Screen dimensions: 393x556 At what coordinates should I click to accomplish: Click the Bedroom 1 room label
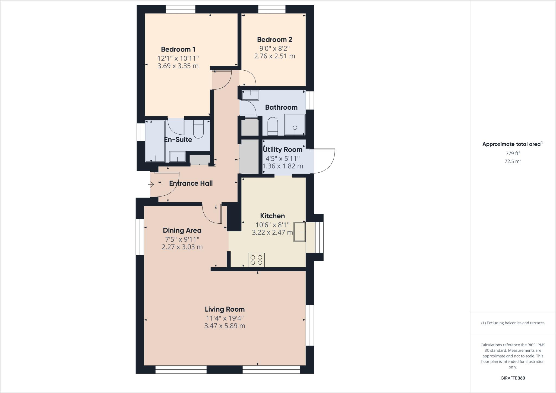(x=178, y=49)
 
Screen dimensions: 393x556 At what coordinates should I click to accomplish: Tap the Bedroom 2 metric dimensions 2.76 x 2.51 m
(x=274, y=56)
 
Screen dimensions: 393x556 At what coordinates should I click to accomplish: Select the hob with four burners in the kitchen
(x=256, y=260)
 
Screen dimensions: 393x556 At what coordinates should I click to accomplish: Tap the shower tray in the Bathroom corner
(x=295, y=125)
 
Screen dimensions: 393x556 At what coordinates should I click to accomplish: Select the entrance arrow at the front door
(x=151, y=185)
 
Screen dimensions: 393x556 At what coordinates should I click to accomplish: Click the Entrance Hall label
(x=191, y=183)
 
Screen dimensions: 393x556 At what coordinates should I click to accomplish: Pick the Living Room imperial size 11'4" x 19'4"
(x=225, y=318)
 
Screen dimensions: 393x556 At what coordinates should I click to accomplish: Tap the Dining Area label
(x=182, y=230)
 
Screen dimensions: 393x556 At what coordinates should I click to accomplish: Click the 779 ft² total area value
(x=513, y=153)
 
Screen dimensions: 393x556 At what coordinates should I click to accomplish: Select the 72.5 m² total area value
(x=513, y=161)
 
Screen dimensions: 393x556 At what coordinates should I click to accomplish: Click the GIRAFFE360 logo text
(x=513, y=378)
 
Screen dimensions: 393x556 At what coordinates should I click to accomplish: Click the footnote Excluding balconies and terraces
(x=513, y=323)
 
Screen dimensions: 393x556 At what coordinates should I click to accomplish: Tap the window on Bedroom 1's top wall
(x=181, y=9)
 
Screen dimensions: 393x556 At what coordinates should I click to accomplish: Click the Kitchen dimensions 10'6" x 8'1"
(x=272, y=225)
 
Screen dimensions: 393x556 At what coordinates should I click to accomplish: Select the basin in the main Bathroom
(x=250, y=95)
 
